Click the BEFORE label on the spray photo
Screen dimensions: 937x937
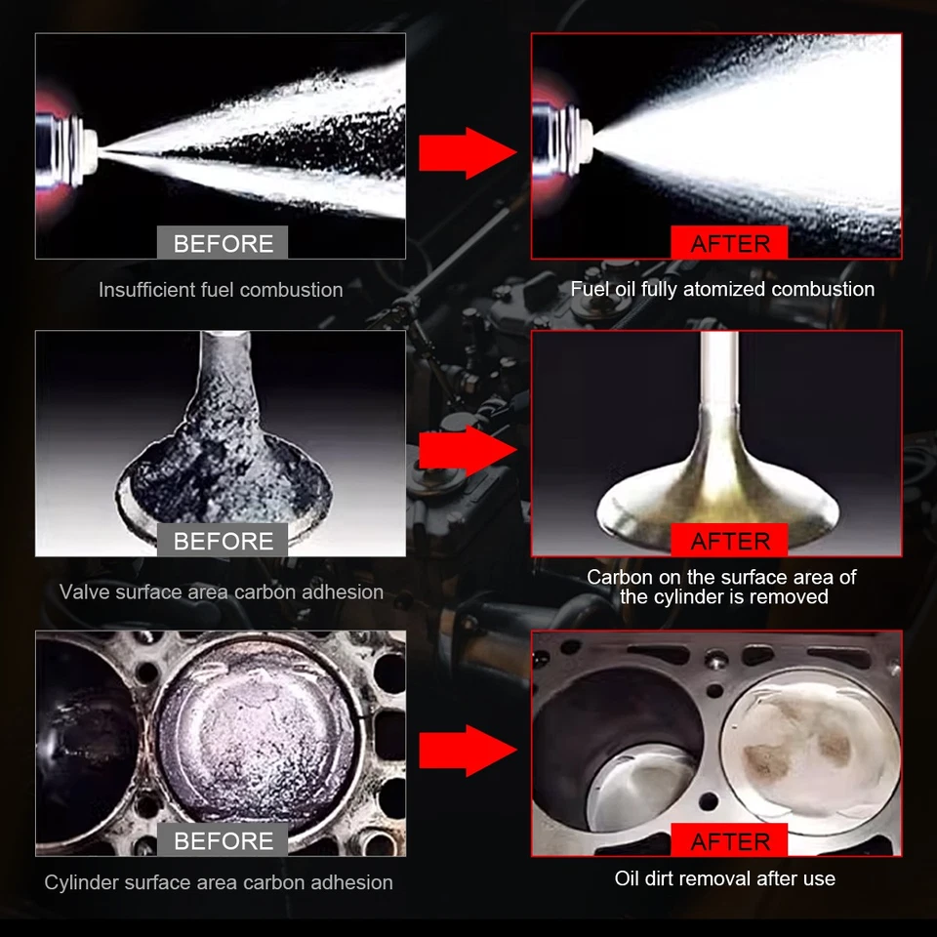click(x=223, y=243)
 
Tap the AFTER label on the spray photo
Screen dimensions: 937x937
click(x=730, y=243)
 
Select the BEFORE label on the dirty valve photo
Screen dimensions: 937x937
click(x=223, y=541)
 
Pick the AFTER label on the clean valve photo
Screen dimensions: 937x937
click(x=730, y=541)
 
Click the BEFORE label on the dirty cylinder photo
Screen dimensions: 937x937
click(x=223, y=840)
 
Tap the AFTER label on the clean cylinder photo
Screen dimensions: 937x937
click(x=730, y=840)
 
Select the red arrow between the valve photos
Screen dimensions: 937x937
click(x=468, y=451)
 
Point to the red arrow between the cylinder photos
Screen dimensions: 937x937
click(x=468, y=750)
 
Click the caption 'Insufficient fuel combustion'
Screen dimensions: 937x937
click(x=221, y=290)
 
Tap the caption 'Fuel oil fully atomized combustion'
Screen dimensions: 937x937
click(x=722, y=289)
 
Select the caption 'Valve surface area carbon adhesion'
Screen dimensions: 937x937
click(x=222, y=591)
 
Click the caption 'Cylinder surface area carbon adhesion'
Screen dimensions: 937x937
click(x=219, y=882)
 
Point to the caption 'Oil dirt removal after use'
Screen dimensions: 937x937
click(x=724, y=878)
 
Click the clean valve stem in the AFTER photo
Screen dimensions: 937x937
click(x=719, y=381)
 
